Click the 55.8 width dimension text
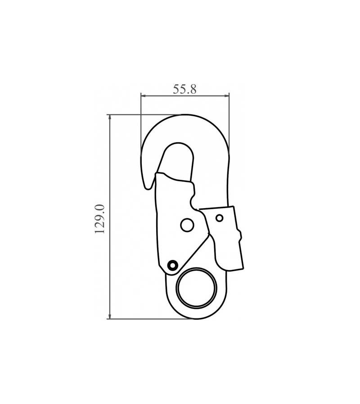(x=184, y=89)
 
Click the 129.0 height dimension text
(x=100, y=219)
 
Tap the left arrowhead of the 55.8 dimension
(x=144, y=96)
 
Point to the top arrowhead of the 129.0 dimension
(x=110, y=117)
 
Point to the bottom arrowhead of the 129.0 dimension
(x=110, y=316)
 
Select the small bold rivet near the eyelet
(x=172, y=265)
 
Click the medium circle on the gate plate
(x=187, y=225)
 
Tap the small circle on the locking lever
(x=220, y=218)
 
